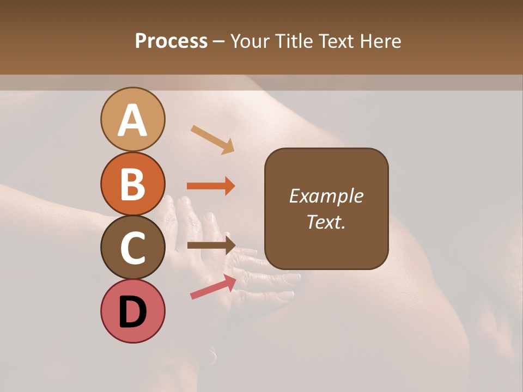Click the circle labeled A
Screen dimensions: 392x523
click(132, 119)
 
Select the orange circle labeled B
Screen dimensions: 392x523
click(132, 183)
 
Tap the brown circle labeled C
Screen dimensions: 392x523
click(132, 247)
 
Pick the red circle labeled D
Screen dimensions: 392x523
click(132, 311)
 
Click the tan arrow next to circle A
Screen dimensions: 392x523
click(212, 139)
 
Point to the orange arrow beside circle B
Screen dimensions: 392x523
click(211, 186)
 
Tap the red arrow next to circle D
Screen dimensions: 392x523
click(213, 286)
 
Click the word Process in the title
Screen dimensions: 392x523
click(171, 41)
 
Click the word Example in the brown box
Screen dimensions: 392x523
click(326, 196)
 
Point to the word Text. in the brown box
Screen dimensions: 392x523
click(326, 222)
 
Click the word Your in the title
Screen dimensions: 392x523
click(248, 41)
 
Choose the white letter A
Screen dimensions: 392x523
click(132, 120)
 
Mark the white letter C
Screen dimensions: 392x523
click(132, 248)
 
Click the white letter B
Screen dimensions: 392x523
click(132, 185)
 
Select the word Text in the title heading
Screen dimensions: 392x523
click(336, 41)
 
